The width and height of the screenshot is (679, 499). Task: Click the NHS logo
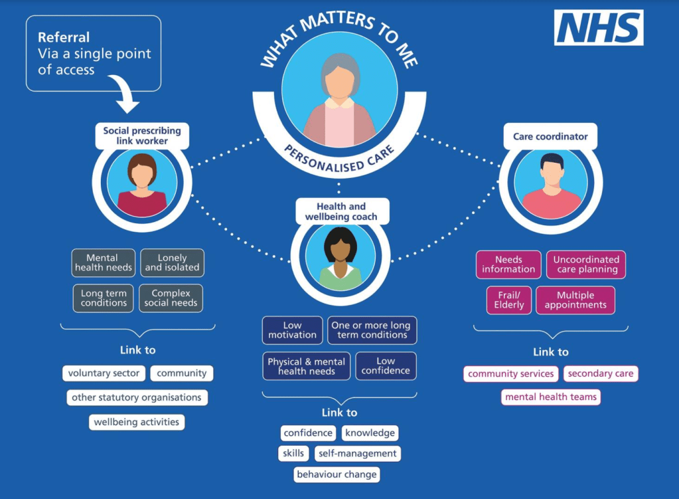coord(599,27)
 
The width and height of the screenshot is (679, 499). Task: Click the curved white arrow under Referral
coord(124,94)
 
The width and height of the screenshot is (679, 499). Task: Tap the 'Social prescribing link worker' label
coord(142,136)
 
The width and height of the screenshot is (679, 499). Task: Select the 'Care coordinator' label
coord(550,137)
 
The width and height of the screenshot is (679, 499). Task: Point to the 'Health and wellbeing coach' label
coord(341,211)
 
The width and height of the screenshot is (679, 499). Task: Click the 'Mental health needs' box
coord(104,262)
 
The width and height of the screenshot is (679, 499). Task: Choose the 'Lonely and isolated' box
coord(173,262)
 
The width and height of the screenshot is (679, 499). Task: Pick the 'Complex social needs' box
coord(171,298)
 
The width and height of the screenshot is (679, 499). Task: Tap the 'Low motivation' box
coord(292,330)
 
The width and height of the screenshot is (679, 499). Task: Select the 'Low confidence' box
coord(386,366)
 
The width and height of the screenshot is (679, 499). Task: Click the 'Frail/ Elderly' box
coord(509,300)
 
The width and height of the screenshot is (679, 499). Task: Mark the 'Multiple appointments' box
coord(575,300)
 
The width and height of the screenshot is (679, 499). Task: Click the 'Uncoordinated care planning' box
coord(586,264)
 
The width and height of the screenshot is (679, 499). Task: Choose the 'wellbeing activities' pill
coord(137,423)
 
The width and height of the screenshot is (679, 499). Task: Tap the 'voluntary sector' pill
coord(104,373)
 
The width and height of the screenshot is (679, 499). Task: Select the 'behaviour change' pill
coord(337,474)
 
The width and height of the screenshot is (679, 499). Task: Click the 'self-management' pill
coord(358,453)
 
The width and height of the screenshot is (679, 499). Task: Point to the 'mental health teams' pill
coord(551,397)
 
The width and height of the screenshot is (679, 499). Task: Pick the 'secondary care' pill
coord(601,373)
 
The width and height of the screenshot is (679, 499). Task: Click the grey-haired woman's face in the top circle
coord(340,83)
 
